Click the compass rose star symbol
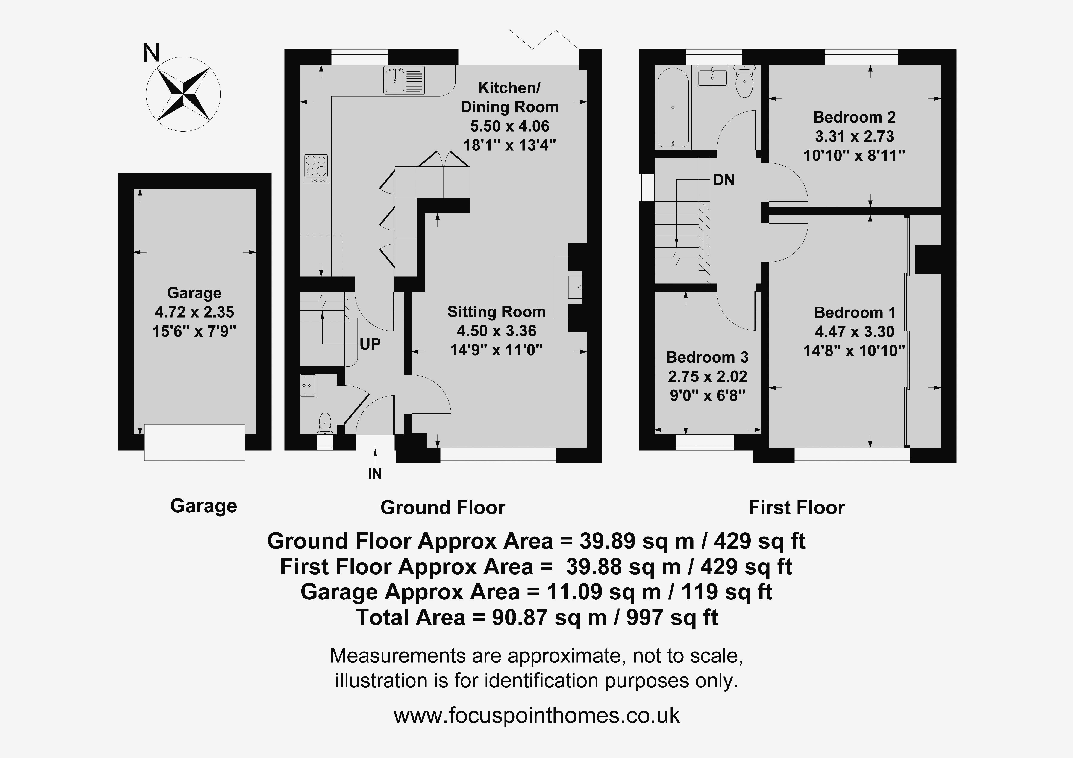[x=183, y=94]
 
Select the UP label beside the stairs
[x=370, y=344]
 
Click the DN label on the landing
[x=724, y=180]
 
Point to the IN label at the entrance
[x=375, y=474]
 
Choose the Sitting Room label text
[x=496, y=312]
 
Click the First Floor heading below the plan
[x=797, y=507]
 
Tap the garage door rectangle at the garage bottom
[x=194, y=442]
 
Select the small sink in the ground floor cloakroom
[x=308, y=386]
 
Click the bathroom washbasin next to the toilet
[x=712, y=76]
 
